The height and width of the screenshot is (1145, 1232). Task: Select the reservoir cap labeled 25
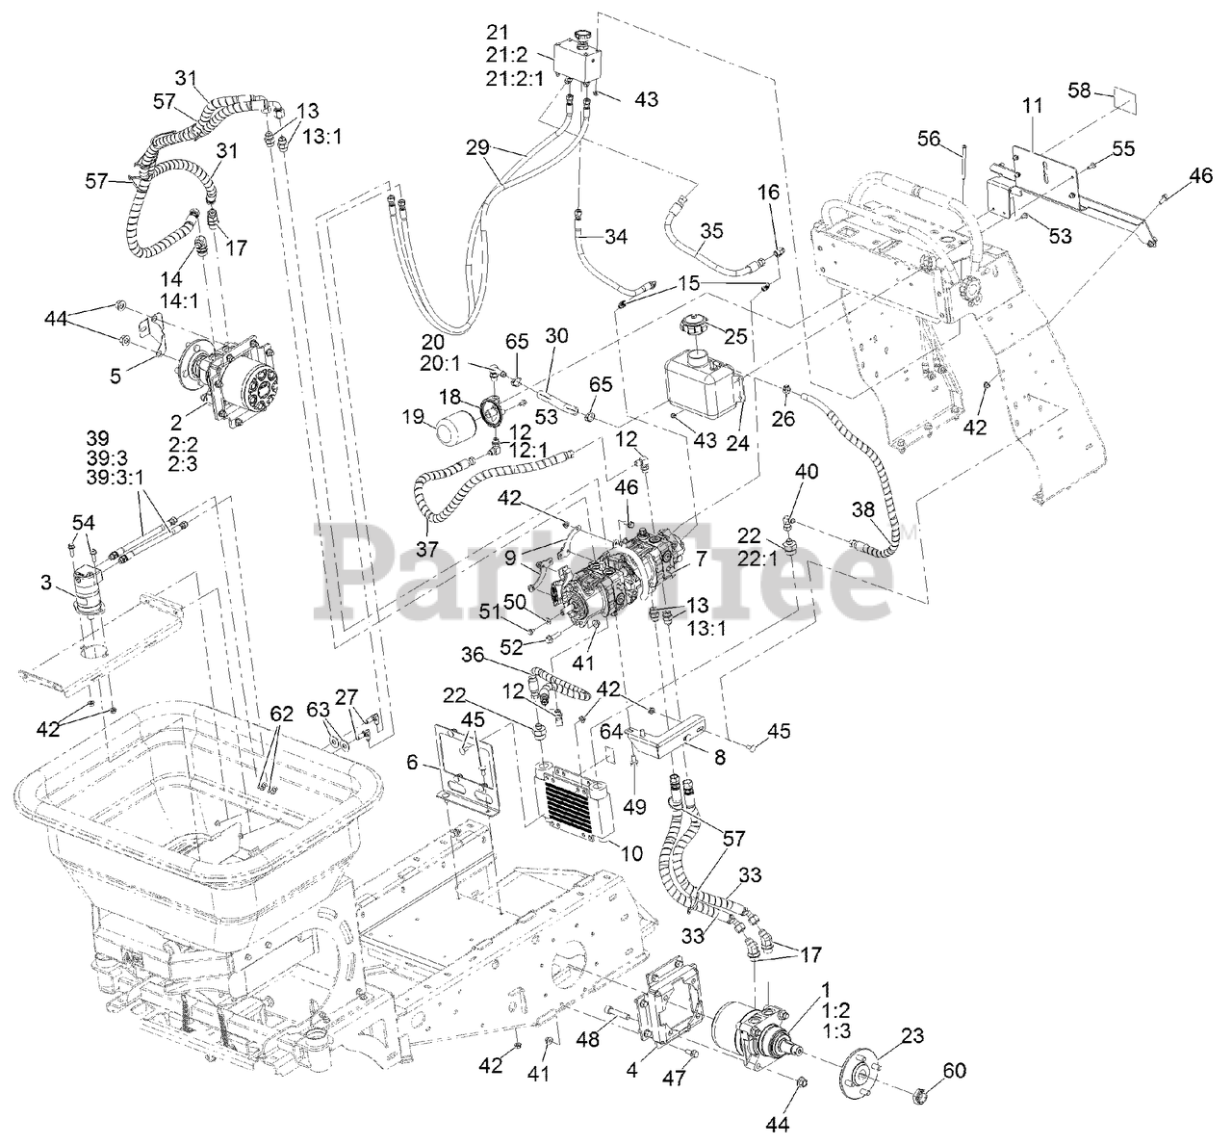click(x=698, y=325)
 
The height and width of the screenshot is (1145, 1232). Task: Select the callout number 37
click(x=427, y=548)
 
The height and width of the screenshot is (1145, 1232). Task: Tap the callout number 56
click(x=928, y=139)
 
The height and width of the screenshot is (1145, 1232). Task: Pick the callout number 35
click(x=710, y=231)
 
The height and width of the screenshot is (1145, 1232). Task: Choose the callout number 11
click(x=1032, y=106)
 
